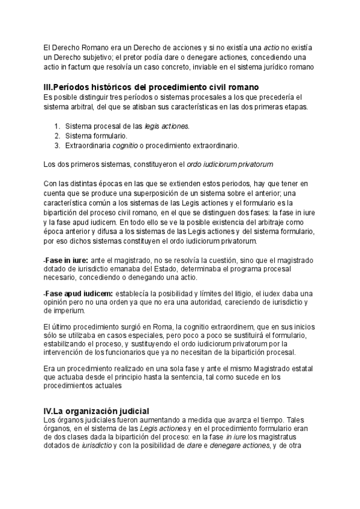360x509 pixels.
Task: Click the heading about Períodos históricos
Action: pos(156,87)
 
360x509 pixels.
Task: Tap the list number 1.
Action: pos(57,126)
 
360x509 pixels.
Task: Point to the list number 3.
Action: pos(57,145)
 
